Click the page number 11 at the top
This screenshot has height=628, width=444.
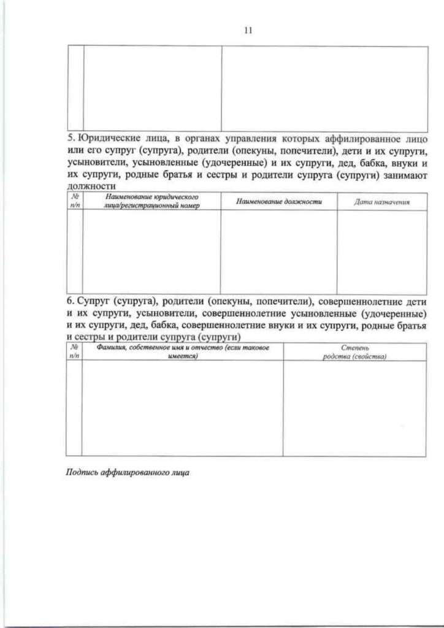click(248, 30)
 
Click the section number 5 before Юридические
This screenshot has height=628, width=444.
click(69, 137)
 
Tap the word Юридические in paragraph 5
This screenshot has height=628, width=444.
click(105, 137)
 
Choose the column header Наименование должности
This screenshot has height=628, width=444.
click(278, 201)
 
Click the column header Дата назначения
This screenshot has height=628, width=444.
click(381, 201)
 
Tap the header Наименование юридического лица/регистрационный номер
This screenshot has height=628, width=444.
click(151, 201)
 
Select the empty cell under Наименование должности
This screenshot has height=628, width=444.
click(278, 251)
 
